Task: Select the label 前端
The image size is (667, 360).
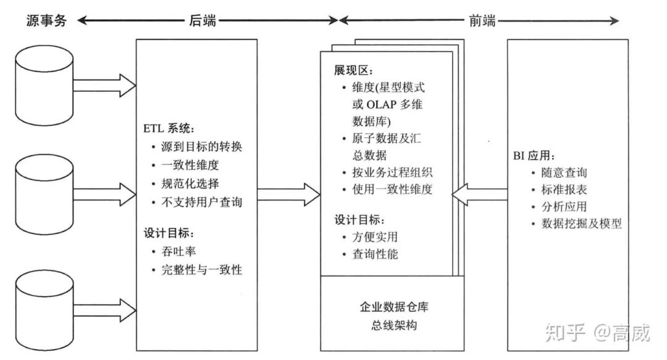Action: coord(479,20)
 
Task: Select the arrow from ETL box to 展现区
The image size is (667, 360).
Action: coord(288,195)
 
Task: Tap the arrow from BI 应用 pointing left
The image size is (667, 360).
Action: coord(479,195)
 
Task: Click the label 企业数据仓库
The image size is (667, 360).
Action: coord(392,307)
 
